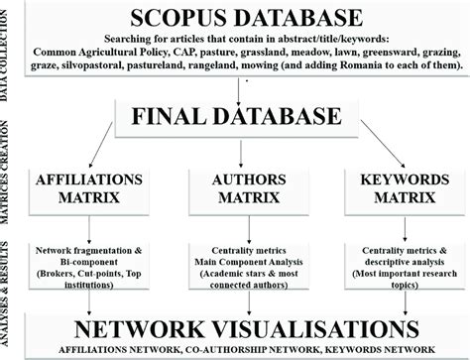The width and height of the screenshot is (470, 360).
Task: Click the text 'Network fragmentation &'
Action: pos(86,246)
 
